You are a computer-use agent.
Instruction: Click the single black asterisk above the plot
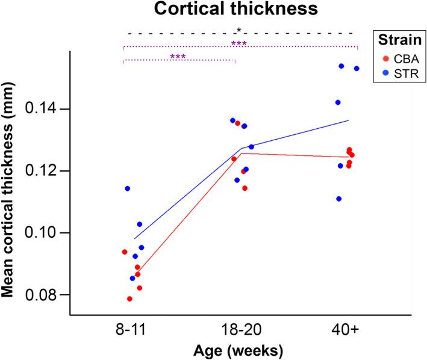239,30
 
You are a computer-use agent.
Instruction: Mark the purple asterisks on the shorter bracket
178,57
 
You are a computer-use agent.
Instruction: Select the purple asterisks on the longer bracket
239,44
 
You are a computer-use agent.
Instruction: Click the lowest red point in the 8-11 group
129,299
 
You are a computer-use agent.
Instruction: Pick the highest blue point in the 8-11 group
128,188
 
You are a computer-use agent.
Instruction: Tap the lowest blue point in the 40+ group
339,199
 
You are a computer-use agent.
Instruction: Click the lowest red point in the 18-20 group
245,188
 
